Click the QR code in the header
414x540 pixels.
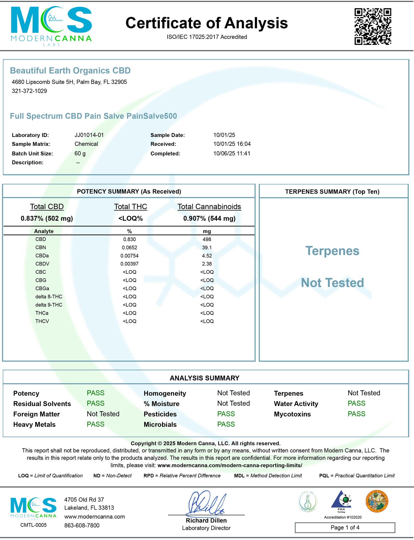pyautogui.click(x=373, y=26)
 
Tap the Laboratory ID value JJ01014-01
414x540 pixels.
pyautogui.click(x=89, y=135)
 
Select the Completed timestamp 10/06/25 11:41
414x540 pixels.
pyautogui.click(x=232, y=154)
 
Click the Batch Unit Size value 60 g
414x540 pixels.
pyautogui.click(x=80, y=154)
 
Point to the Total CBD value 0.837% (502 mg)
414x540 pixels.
pyautogui.click(x=47, y=218)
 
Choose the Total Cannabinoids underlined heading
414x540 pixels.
pyautogui.click(x=209, y=207)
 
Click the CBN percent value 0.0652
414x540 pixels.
pyautogui.click(x=129, y=247)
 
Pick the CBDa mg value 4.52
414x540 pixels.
pyautogui.click(x=207, y=256)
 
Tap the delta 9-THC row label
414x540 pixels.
pyautogui.click(x=49, y=305)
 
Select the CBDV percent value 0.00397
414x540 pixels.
pyautogui.click(x=129, y=264)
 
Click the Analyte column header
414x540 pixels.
pyautogui.click(x=44, y=231)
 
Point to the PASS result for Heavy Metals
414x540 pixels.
pyautogui.click(x=95, y=424)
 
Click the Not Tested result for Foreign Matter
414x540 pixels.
pyautogui.click(x=103, y=414)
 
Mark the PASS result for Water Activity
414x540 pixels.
pyautogui.click(x=356, y=403)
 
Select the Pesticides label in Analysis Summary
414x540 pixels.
pyautogui.click(x=160, y=414)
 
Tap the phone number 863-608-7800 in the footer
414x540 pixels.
pyautogui.click(x=82, y=525)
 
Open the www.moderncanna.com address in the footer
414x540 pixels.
pyautogui.click(x=94, y=517)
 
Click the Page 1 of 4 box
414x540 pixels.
pyautogui.click(x=345, y=527)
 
